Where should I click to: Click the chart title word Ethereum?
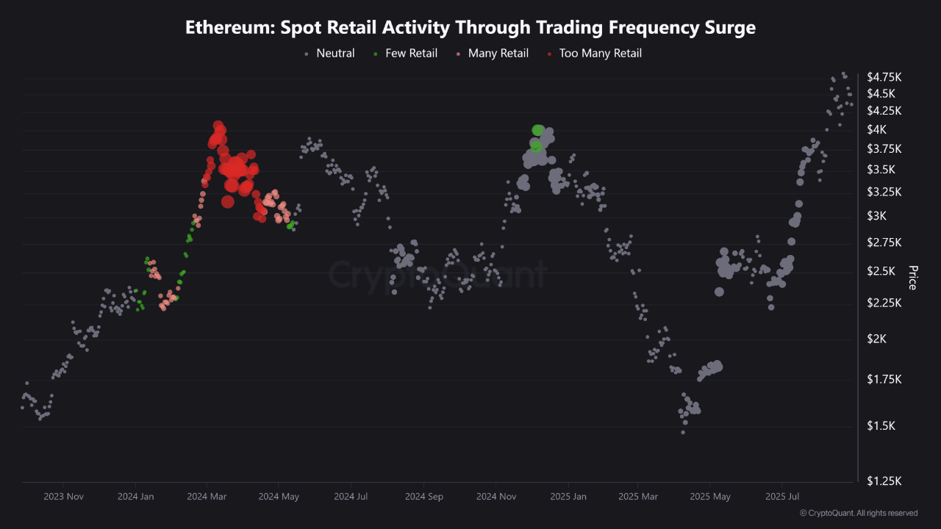coord(221,28)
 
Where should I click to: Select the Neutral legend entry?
coord(334,53)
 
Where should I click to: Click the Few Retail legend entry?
coord(411,53)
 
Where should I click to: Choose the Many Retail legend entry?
coord(498,53)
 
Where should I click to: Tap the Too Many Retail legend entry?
coord(600,53)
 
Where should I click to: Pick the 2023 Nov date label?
coord(63,497)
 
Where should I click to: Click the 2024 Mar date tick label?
coord(207,497)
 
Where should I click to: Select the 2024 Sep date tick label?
coord(424,497)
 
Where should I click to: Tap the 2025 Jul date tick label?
coord(782,497)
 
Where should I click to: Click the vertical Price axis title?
coord(913,278)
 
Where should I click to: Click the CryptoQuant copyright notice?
coord(858,513)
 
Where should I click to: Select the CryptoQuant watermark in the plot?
coord(437,275)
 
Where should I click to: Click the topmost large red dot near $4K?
coord(218,126)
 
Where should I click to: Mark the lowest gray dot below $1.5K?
coord(683,432)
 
